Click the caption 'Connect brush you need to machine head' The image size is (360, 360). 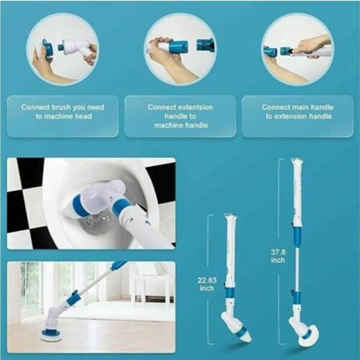pos(62,112)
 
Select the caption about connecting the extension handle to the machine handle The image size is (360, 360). pos(181,116)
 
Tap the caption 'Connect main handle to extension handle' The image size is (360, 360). pos(298,112)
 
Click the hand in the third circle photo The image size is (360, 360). pos(312,45)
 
